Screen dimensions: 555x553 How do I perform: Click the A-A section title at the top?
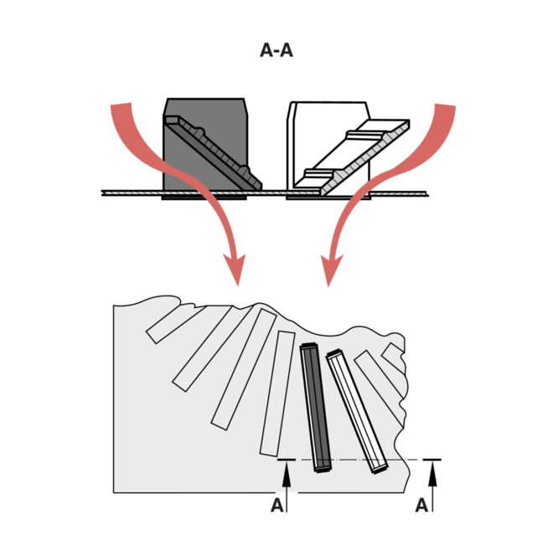pyautogui.click(x=276, y=52)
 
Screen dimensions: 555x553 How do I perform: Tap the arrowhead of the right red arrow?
pyautogui.click(x=328, y=273)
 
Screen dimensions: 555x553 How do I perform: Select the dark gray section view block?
pyautogui.click(x=205, y=146)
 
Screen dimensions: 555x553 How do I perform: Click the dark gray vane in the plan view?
pyautogui.click(x=317, y=408)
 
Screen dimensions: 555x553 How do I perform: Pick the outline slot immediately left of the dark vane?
pyautogui.click(x=281, y=393)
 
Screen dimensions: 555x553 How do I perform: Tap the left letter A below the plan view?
pyautogui.click(x=277, y=506)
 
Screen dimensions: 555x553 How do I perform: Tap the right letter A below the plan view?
pyautogui.click(x=421, y=506)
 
